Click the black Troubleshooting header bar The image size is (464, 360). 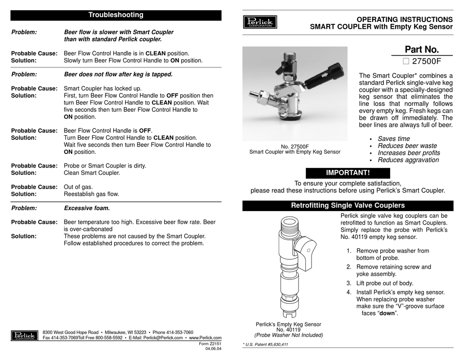coord(116,15)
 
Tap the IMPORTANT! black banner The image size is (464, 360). coord(348,172)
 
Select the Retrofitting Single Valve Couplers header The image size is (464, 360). coord(348,206)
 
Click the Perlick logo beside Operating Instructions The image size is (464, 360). coord(260,22)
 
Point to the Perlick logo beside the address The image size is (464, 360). coord(24,336)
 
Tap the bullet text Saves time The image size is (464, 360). coord(394,139)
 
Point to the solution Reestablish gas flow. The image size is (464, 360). coord(91,194)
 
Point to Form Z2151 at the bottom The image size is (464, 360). coord(211,343)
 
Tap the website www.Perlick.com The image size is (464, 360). coord(205,338)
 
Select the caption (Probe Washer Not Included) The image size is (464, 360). coord(289,335)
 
